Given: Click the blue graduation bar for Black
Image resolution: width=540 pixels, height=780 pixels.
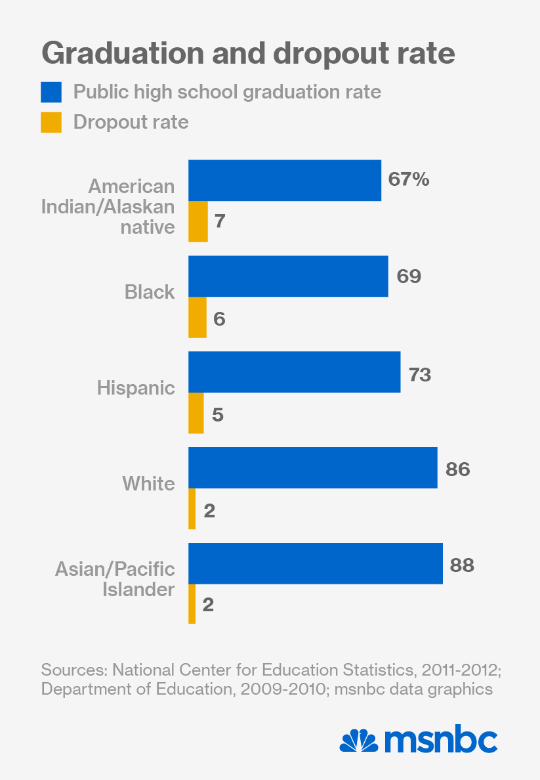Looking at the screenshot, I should (288, 276).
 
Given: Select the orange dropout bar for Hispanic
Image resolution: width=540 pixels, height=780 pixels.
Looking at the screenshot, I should (196, 414).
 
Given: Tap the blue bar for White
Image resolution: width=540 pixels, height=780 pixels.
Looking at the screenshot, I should (312, 467).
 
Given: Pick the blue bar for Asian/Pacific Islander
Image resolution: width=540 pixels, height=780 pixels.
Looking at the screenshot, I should (315, 563).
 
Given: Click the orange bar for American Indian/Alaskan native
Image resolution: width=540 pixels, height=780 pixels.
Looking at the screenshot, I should (197, 221).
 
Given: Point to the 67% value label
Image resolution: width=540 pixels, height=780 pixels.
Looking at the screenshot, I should (409, 179).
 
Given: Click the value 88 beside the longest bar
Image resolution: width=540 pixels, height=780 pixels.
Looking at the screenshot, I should (462, 565).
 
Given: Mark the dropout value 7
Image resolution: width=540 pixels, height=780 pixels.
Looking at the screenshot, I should (220, 222).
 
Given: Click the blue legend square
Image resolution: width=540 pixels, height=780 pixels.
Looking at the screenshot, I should (51, 92).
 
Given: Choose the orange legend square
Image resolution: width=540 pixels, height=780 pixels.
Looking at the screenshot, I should (51, 122).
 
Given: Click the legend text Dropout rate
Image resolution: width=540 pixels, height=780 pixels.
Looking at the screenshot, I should (131, 122).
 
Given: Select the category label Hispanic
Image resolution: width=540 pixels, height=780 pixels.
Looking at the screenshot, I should (136, 387).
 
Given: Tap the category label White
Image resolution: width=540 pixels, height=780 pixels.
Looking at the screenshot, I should (149, 484).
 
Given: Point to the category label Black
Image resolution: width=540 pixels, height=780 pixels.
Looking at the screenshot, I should (150, 292).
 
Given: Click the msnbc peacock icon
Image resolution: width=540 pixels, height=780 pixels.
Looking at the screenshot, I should (359, 741).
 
